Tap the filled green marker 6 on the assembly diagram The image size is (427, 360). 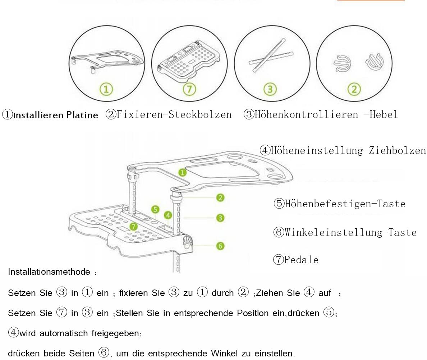click(x=220, y=246)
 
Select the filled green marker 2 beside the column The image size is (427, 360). click(x=220, y=197)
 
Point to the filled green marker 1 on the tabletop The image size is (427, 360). click(x=183, y=172)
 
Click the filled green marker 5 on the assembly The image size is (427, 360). click(x=155, y=209)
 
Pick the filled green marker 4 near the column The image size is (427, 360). click(x=167, y=215)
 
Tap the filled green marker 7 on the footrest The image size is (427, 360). click(x=134, y=226)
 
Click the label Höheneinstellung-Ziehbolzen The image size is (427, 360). click(x=348, y=150)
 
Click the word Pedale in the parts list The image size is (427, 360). click(x=301, y=260)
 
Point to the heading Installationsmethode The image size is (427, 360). click(x=49, y=272)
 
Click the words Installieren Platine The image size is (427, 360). click(x=56, y=115)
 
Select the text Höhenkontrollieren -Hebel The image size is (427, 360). click(x=326, y=115)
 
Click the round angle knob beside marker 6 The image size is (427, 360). click(x=187, y=245)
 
